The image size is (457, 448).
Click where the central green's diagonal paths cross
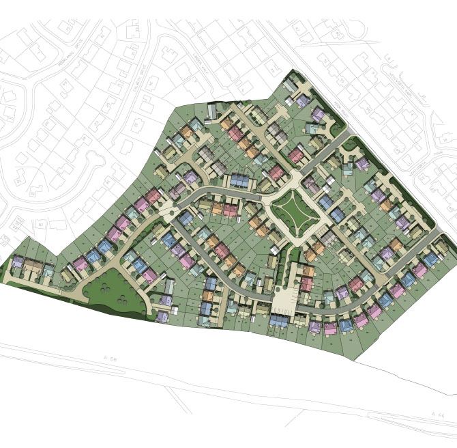pyautogui.click(x=293, y=211)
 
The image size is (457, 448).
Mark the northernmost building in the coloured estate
pyautogui.click(x=291, y=86)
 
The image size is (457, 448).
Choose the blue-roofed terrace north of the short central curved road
pyautogui.click(x=240, y=180)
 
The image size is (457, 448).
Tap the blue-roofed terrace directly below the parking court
pyautogui.click(x=280, y=321)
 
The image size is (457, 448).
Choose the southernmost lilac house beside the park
pyautogui.click(x=162, y=316)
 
